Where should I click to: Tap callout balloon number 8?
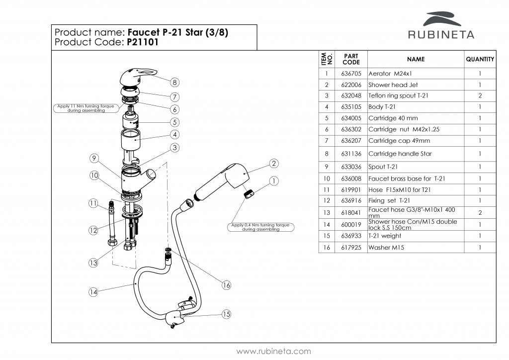point(175,82)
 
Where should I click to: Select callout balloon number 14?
point(93,292)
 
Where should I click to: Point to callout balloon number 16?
point(227,285)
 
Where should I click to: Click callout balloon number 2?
point(274,163)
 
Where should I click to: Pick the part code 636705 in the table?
point(351,74)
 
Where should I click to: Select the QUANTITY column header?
point(480,59)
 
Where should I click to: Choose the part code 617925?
point(351,247)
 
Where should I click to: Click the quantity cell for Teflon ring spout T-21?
point(480,95)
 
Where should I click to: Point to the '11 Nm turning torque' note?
point(86,108)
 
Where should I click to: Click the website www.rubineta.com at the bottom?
point(273,351)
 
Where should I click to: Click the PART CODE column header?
point(351,59)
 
